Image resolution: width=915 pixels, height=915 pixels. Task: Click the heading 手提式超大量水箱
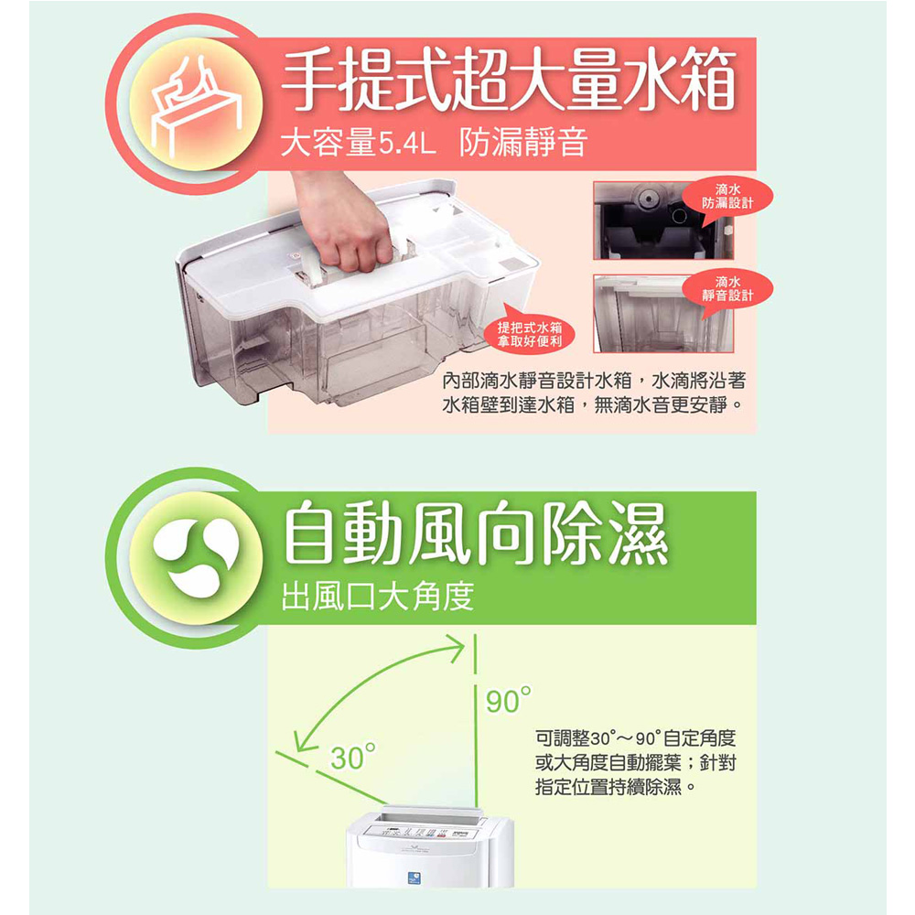pyautogui.click(x=508, y=81)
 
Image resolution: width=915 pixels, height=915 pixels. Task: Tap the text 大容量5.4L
pyautogui.click(x=358, y=144)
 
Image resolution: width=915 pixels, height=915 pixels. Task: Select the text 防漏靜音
pyautogui.click(x=522, y=144)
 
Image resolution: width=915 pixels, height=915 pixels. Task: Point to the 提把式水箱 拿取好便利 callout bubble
pyautogui.click(x=530, y=334)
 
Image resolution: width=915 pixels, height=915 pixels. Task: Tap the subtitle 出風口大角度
pyautogui.click(x=378, y=597)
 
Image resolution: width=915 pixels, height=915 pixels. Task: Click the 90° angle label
pyautogui.click(x=509, y=700)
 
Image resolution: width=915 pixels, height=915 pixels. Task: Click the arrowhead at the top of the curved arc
pyautogui.click(x=455, y=648)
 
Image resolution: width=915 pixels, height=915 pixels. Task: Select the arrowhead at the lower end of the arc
pyautogui.click(x=304, y=740)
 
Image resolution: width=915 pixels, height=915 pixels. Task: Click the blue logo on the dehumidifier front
pyautogui.click(x=414, y=877)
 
